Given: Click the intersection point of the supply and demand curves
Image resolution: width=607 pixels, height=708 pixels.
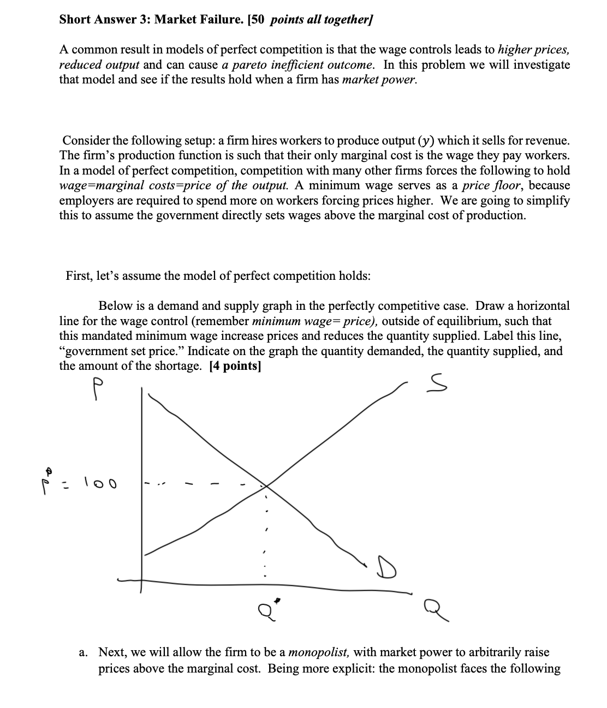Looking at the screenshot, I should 266,484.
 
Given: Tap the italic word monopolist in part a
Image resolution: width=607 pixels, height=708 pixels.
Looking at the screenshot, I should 319,652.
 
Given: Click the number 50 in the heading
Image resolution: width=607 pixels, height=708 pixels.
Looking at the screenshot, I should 258,20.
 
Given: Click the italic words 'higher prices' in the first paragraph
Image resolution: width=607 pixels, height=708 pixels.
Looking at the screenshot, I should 533,50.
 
